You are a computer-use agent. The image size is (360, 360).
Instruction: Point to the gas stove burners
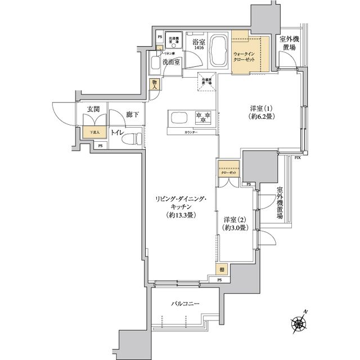tap(202, 117)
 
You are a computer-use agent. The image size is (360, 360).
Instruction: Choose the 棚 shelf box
tap(223, 269)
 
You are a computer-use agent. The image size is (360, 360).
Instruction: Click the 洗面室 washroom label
tap(171, 62)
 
